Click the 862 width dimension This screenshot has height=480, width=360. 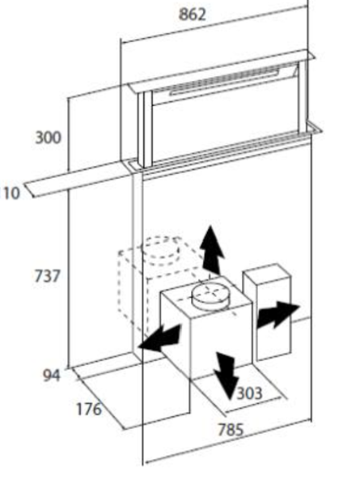tap(192, 15)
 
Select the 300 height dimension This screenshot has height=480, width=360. tap(48, 138)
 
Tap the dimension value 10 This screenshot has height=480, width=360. tap(11, 193)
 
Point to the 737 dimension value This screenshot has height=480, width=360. tap(47, 276)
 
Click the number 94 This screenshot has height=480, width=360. tap(52, 376)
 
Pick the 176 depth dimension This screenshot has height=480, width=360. tap(89, 409)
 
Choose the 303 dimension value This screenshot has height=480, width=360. tap(250, 393)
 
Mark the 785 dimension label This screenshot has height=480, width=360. tap(231, 430)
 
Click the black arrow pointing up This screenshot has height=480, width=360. tap(212, 249)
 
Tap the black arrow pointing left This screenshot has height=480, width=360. tap(159, 339)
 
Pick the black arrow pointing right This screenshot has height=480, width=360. tap(277, 314)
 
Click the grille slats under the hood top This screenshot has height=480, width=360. tap(224, 80)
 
